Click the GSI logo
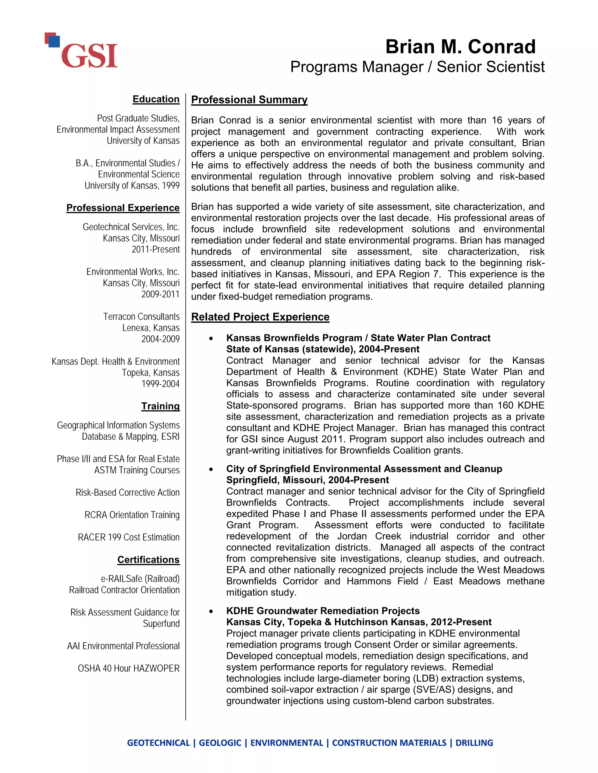click(81, 51)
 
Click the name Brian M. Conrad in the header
click(460, 47)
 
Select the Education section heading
click(156, 99)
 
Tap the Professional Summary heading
click(249, 100)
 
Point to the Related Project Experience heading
click(260, 317)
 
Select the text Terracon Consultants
click(141, 316)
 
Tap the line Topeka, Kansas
click(151, 373)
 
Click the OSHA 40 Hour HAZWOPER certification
click(128, 668)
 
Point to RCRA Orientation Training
click(132, 515)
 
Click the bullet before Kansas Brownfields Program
click(211, 338)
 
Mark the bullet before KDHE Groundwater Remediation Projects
click(211, 611)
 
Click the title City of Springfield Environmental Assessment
click(364, 469)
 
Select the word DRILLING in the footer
click(474, 743)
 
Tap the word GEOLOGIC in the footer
click(220, 743)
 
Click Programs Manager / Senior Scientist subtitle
click(417, 67)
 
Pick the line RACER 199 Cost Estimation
click(128, 537)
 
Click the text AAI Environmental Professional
click(123, 646)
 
